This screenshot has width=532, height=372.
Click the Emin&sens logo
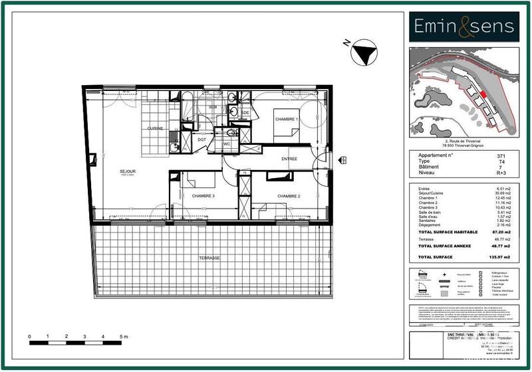(x=464, y=26)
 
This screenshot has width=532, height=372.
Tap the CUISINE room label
(x=156, y=128)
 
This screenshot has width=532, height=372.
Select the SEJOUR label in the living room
(x=128, y=171)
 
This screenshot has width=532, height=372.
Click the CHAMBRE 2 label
(x=289, y=196)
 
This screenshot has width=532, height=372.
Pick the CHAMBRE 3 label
(x=203, y=196)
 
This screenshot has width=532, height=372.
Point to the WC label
(x=226, y=143)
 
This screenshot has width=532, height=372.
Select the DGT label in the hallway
(x=201, y=139)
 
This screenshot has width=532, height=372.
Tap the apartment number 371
(x=510, y=155)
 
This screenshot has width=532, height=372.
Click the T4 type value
(x=510, y=161)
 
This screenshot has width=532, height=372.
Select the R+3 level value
(x=509, y=173)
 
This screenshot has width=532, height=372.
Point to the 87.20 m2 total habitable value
(x=504, y=232)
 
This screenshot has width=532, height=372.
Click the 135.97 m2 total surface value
(x=503, y=256)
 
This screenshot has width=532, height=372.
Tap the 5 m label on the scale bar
(x=124, y=337)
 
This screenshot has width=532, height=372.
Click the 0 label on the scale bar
(x=30, y=337)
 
